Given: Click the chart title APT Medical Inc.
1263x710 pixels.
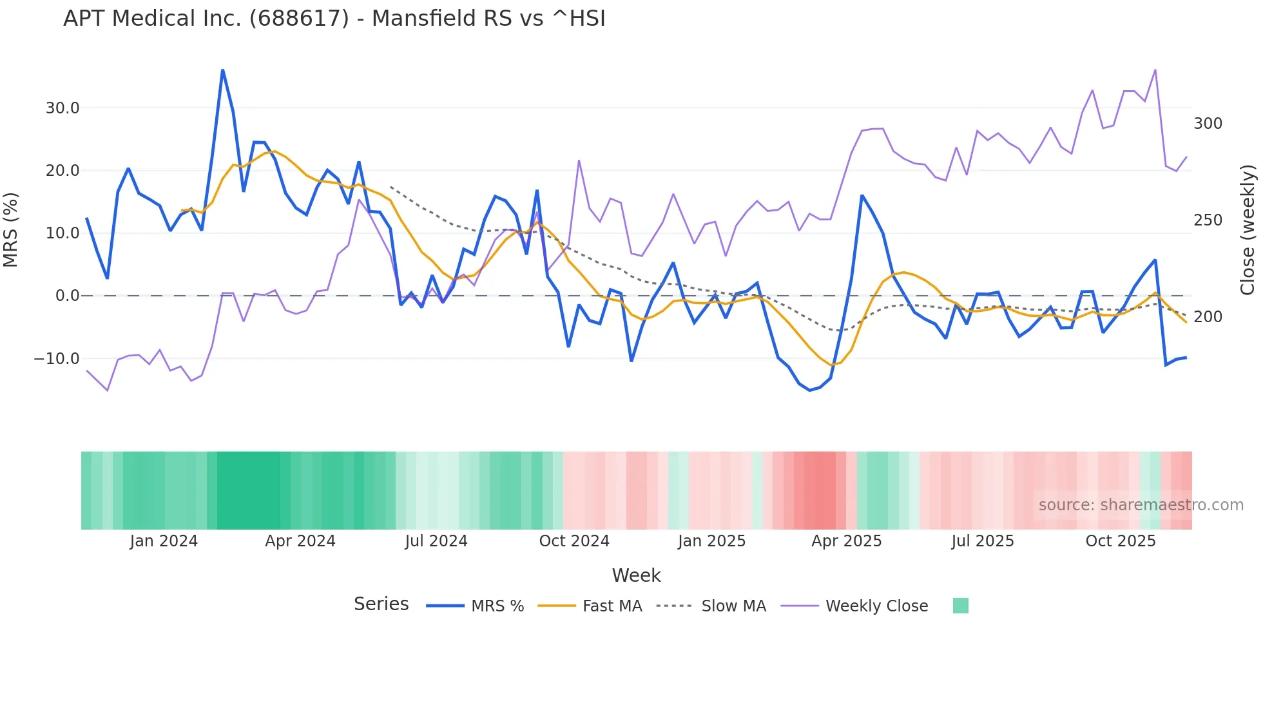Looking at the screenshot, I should click(x=334, y=19).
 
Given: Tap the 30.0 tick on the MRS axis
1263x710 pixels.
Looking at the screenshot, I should click(x=63, y=108).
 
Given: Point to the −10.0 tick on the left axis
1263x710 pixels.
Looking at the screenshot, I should click(x=57, y=359).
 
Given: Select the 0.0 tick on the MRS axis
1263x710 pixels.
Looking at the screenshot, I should click(x=67, y=296).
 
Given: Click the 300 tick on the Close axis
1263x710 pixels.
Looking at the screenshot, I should click(x=1208, y=124).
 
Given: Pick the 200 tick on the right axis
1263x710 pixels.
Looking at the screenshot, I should click(x=1208, y=317).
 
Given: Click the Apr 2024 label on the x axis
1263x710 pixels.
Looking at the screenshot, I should click(x=300, y=541).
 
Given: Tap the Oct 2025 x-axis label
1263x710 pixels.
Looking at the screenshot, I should click(x=1121, y=541).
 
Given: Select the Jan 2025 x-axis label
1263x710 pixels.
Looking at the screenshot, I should click(x=711, y=541).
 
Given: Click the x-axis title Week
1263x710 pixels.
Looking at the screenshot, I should click(x=636, y=575).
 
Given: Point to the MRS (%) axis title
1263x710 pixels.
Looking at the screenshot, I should click(x=11, y=230).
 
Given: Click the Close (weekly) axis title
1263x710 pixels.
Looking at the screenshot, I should click(x=1248, y=230).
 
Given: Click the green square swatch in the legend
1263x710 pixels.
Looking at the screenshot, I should click(x=960, y=606).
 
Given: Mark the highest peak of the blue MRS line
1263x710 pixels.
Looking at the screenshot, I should click(x=222, y=70).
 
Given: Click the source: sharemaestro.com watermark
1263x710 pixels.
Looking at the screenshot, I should click(x=1141, y=505).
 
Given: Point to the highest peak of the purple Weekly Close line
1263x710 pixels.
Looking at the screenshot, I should click(x=1155, y=70).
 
